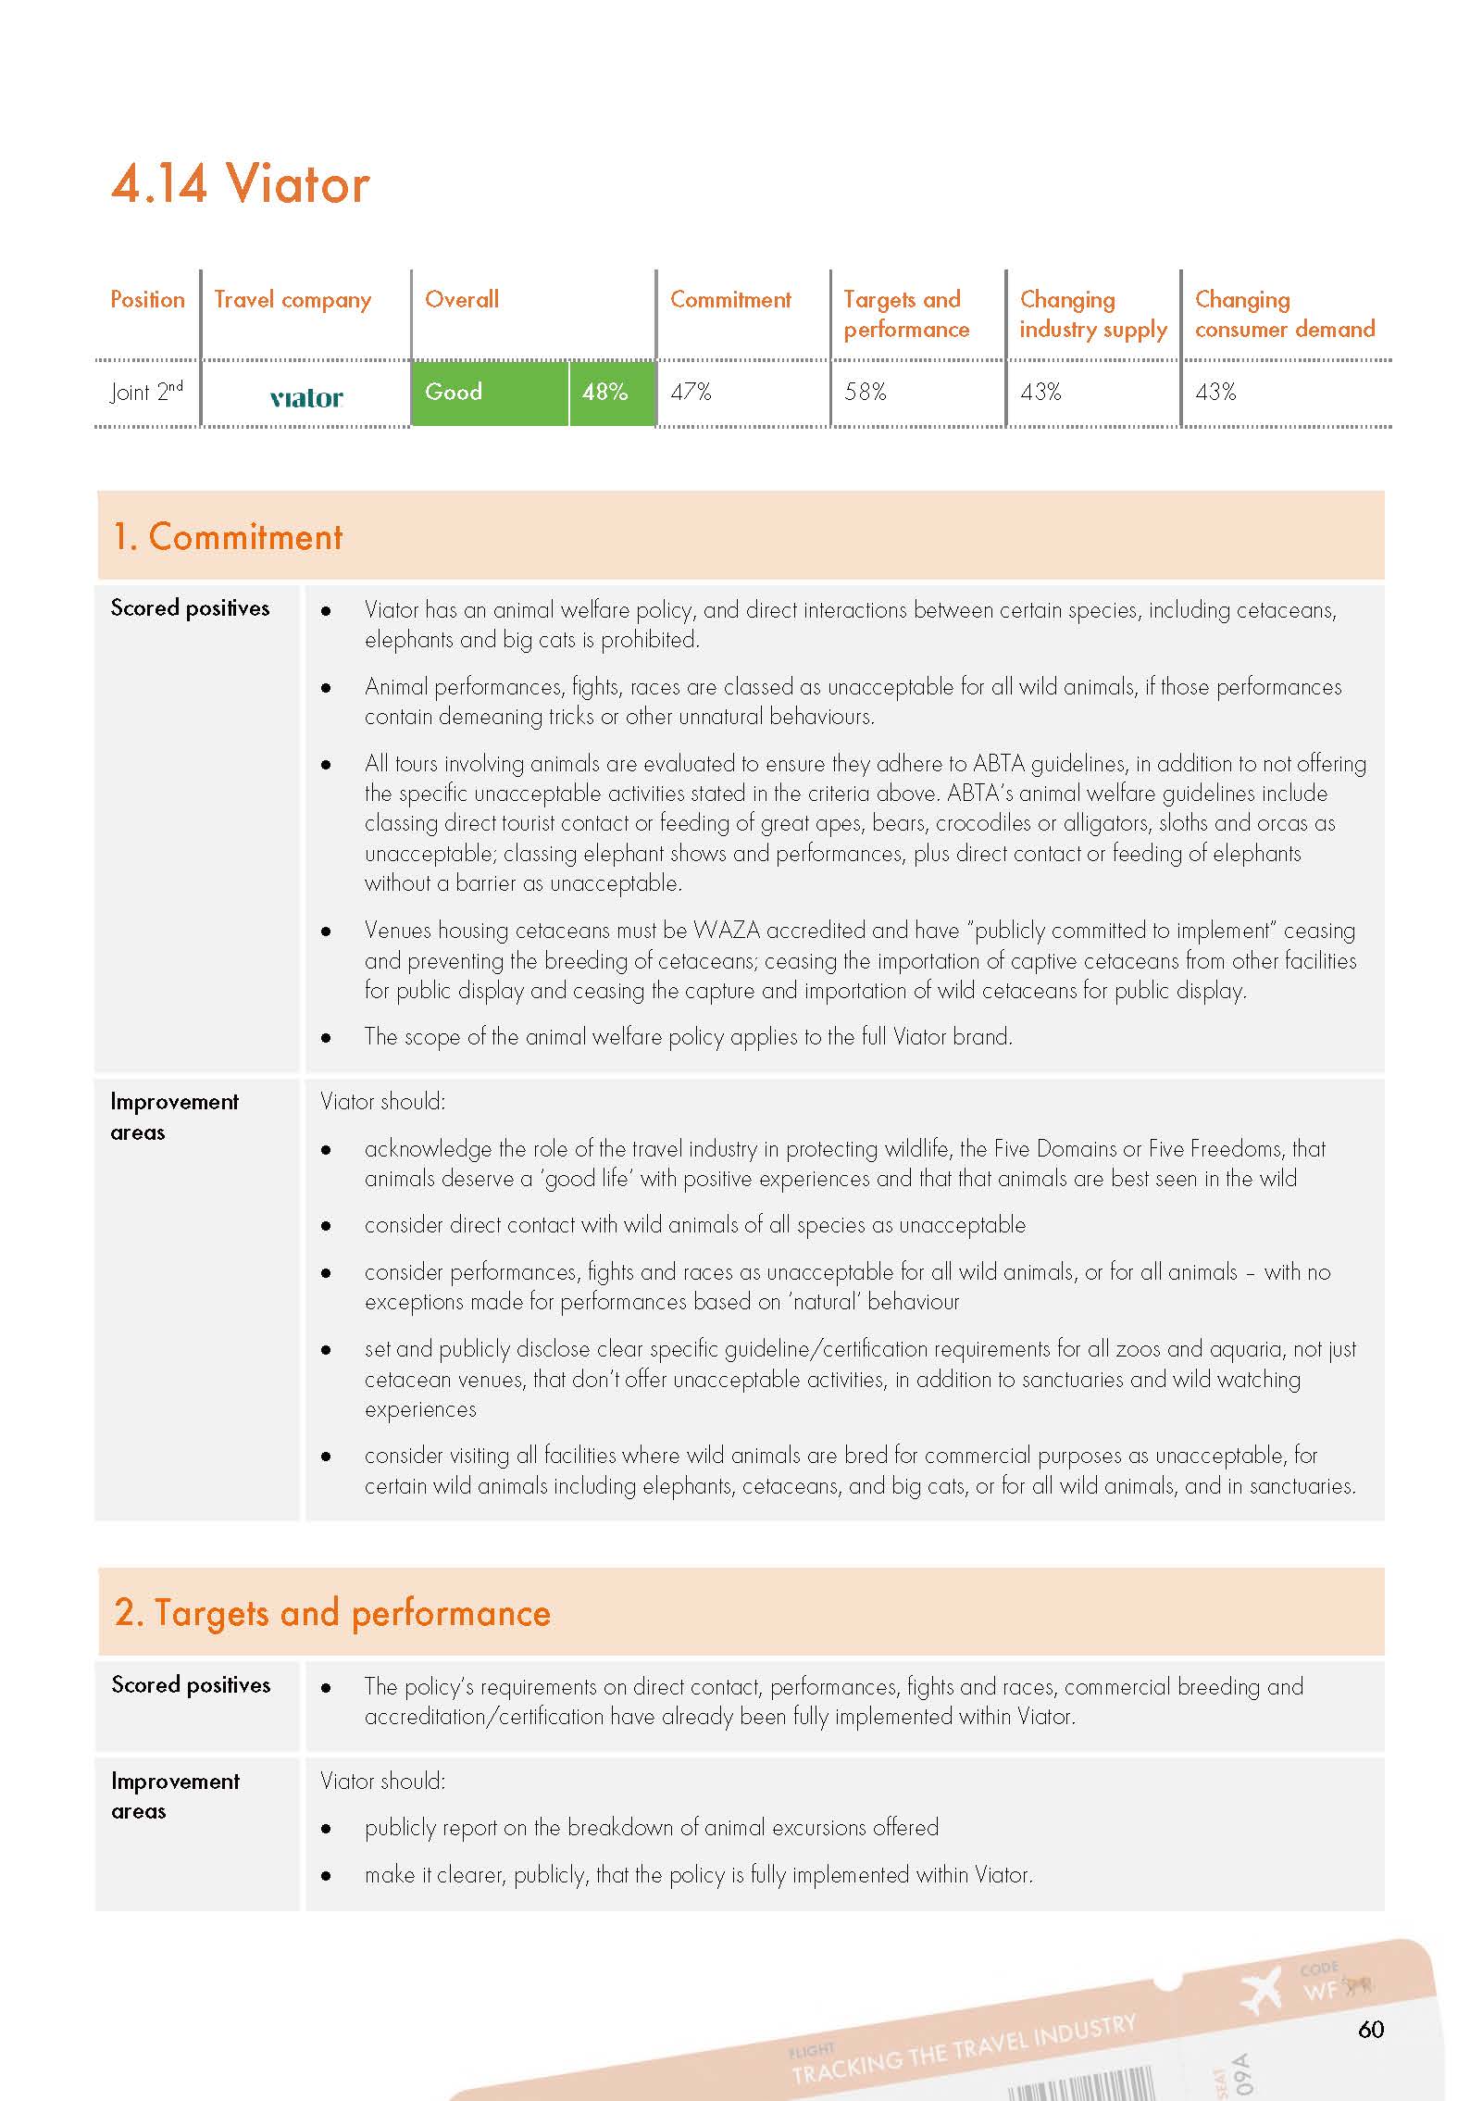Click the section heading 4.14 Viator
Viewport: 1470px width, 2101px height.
(x=240, y=183)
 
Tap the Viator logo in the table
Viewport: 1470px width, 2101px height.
(x=306, y=398)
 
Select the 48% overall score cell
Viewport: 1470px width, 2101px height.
(x=605, y=393)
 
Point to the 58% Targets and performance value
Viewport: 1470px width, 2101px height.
(x=866, y=393)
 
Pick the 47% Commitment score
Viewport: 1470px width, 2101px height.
(x=691, y=393)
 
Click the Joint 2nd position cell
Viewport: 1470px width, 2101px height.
(x=146, y=392)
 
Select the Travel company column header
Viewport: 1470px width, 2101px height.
(x=293, y=300)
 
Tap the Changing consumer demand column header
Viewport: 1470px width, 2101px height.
(x=1284, y=314)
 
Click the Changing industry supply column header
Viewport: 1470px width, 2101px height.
(x=1093, y=314)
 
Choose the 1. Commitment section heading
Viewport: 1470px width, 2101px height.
(x=227, y=537)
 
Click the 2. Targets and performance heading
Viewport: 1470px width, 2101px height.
(x=332, y=1613)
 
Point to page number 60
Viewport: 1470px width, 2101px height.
(x=1370, y=2029)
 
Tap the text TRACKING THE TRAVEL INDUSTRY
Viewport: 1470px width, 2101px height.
(x=964, y=2049)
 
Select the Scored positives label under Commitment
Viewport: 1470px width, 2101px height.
(x=190, y=608)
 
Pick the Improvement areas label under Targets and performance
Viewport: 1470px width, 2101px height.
(x=175, y=1795)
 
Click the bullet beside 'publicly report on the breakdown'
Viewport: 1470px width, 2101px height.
(x=326, y=1829)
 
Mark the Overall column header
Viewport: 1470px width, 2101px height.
(x=461, y=300)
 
